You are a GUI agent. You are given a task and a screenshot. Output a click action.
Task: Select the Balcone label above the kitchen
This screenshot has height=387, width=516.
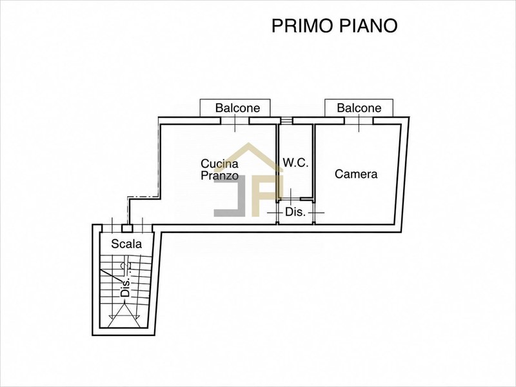click(237, 108)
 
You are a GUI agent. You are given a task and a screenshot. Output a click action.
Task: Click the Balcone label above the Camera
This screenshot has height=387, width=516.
click(359, 108)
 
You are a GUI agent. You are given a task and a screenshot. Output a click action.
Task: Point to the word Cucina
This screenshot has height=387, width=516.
click(219, 164)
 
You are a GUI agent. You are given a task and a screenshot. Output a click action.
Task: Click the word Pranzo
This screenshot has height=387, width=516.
click(219, 175)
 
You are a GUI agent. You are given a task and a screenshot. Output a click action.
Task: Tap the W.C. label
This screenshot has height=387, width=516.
click(296, 163)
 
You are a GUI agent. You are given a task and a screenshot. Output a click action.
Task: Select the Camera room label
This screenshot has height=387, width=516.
click(356, 174)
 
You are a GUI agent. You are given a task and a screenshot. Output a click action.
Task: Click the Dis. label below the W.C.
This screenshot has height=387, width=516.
click(295, 212)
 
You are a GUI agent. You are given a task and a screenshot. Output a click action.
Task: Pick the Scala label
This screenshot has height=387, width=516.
click(126, 244)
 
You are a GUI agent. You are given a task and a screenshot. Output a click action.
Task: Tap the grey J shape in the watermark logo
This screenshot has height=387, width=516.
click(230, 196)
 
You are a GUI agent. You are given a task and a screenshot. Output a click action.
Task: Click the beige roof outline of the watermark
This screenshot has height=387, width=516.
click(250, 155)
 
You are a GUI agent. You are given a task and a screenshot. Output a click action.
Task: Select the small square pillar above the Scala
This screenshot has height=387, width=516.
click(127, 228)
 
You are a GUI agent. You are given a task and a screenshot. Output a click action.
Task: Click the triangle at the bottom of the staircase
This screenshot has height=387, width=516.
click(124, 315)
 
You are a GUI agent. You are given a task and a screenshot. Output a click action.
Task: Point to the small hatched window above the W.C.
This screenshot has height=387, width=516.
click(286, 121)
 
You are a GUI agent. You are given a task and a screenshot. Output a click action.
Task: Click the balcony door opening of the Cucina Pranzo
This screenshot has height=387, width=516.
click(235, 121)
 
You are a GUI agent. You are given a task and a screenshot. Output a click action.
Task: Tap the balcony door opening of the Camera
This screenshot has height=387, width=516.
click(359, 121)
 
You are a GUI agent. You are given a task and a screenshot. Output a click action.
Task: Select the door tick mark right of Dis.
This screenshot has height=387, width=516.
click(316, 213)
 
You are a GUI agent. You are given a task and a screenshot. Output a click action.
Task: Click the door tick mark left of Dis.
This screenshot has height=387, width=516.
click(276, 213)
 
